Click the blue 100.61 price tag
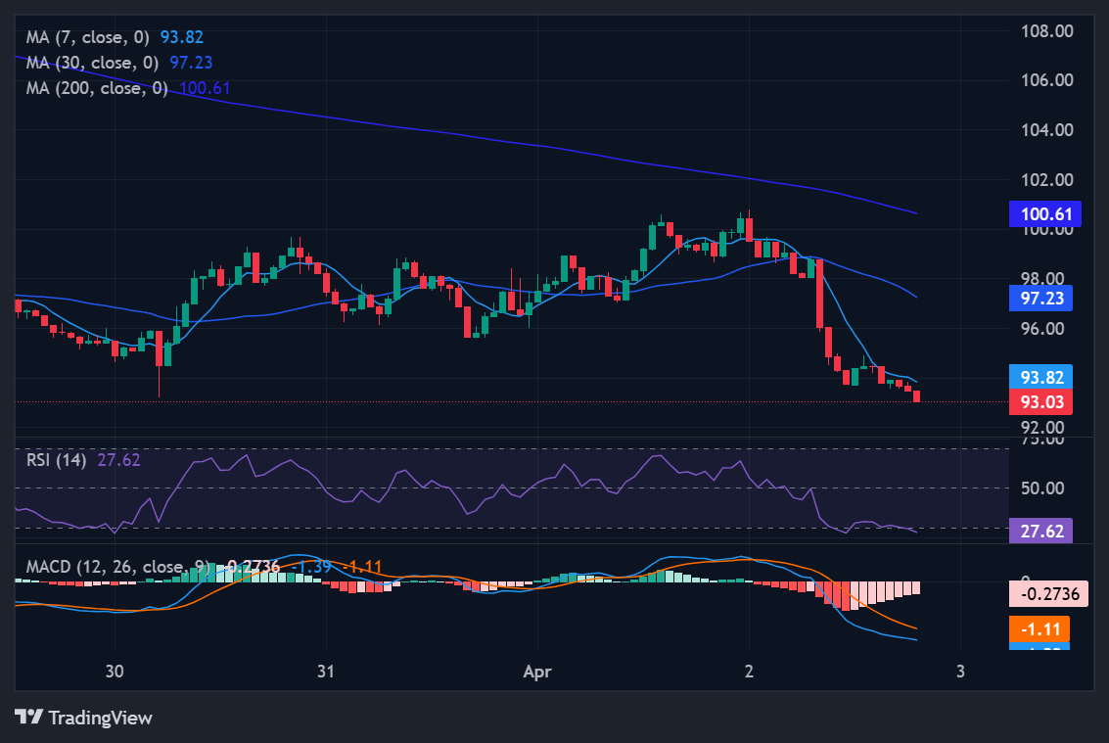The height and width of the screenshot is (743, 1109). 1044,213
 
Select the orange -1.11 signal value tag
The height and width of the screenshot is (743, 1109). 1040,628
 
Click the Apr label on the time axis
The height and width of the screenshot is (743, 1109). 537,672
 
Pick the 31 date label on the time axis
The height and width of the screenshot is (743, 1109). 326,672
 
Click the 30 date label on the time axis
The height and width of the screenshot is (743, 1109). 115,672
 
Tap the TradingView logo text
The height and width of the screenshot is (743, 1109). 100,718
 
